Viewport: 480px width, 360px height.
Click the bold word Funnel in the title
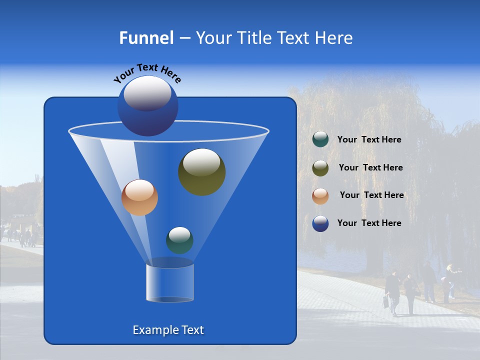[146, 38]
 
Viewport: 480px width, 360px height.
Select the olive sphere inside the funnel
[201, 172]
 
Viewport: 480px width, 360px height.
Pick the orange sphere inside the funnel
[139, 197]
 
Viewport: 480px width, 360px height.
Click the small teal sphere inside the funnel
[179, 240]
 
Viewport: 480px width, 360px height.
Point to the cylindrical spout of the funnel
[169, 283]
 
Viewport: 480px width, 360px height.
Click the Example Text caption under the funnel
[168, 330]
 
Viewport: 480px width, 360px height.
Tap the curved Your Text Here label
[147, 72]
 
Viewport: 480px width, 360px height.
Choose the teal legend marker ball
[320, 139]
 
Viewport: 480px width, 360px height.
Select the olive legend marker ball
[320, 168]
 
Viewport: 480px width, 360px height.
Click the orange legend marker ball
[320, 196]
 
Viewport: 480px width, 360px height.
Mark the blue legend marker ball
[320, 223]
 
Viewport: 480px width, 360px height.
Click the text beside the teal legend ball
[369, 140]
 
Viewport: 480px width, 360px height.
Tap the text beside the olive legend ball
[370, 168]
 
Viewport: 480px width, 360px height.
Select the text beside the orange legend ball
[371, 195]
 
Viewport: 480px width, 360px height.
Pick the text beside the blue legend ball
[369, 223]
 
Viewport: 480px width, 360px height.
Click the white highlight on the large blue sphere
[147, 93]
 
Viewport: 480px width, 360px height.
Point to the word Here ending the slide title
[334, 38]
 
